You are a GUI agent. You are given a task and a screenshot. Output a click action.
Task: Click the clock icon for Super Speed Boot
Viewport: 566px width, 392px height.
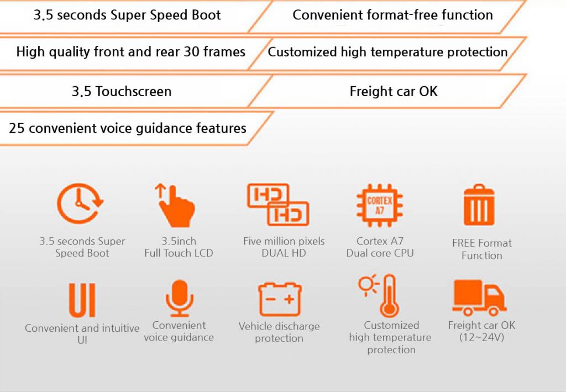coord(80,203)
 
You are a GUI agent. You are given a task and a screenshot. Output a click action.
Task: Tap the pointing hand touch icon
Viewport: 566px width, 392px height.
coord(175,205)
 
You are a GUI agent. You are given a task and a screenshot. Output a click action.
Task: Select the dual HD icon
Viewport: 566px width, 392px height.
coord(278,205)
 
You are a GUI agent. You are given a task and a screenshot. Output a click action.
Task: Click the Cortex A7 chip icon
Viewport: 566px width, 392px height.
coord(379,205)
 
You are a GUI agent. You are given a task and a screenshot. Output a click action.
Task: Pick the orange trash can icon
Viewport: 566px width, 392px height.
coord(479,205)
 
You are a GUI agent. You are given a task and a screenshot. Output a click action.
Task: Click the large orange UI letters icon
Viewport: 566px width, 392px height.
coord(82,300)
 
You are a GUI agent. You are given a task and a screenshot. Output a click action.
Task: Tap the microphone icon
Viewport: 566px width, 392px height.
coord(180,299)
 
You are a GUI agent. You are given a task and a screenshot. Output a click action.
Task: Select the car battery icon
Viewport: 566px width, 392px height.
coord(280,299)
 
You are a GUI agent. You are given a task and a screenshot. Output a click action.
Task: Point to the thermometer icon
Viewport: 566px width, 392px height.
coord(389,296)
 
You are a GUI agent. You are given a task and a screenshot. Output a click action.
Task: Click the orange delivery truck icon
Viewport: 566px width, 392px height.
coord(479,298)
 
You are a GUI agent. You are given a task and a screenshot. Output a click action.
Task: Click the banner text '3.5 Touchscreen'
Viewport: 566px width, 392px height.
coord(122,91)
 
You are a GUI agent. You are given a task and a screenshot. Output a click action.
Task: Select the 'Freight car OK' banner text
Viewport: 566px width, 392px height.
coord(394,91)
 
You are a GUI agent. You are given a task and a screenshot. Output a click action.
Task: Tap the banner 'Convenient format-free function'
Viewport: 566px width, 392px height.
coord(393,15)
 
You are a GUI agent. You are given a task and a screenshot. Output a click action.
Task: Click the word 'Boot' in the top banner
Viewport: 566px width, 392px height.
coord(206,15)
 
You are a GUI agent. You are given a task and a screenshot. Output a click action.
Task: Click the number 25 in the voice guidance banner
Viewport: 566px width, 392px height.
coord(17,128)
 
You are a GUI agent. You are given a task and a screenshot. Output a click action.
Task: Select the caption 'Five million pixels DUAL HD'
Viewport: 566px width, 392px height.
coord(284,247)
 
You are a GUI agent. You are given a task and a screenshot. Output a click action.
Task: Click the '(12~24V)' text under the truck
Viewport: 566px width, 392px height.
coord(481,337)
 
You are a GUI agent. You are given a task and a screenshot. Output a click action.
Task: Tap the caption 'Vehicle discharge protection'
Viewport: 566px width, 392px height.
coord(279,332)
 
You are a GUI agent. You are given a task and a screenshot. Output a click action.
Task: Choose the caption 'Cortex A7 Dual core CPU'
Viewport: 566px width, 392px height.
coord(380,247)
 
